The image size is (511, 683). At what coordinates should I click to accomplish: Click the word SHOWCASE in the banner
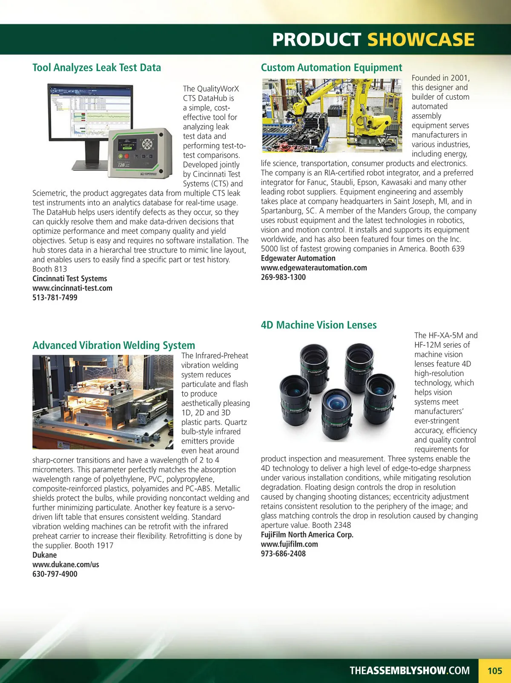pos(420,40)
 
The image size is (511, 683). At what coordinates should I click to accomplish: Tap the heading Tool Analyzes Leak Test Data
pos(97,68)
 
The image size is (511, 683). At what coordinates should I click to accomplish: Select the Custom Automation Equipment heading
pos(331,68)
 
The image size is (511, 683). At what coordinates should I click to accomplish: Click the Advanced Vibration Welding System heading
pos(114,345)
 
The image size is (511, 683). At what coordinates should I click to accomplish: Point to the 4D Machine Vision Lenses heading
pos(319,325)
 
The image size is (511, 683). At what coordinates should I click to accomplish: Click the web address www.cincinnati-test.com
pos(72,288)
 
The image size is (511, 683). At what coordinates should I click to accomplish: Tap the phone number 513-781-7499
pos(55,297)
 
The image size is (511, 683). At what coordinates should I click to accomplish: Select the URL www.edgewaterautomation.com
pos(314,268)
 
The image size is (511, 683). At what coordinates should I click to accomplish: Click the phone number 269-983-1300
pos(283,277)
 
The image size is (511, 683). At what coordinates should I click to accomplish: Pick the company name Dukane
pos(44,555)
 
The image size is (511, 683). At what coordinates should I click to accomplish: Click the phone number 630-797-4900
pos(55,574)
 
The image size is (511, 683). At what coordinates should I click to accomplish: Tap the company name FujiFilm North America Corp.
pos(307,534)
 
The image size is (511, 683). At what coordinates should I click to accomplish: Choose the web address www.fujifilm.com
pos(289,544)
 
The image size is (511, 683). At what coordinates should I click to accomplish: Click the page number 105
pos(494,671)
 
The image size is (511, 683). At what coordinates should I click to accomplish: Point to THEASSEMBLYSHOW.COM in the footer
pos(409,671)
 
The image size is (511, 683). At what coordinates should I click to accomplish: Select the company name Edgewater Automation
pos(298,258)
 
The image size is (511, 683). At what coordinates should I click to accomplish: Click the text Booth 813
pos(49,269)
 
